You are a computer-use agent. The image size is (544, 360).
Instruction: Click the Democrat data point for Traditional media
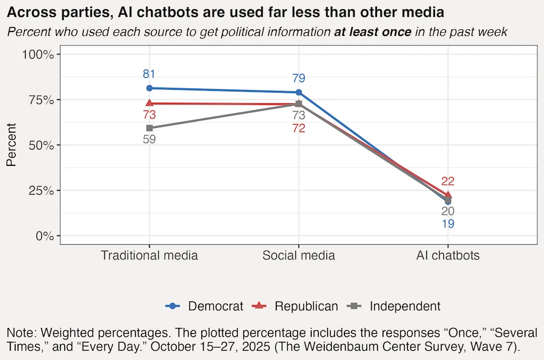150,88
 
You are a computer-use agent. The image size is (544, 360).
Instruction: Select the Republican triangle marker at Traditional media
150,103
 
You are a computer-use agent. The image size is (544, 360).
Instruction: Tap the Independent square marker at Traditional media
150,128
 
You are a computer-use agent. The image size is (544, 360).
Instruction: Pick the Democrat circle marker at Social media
299,92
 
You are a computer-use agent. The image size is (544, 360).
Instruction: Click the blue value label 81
150,75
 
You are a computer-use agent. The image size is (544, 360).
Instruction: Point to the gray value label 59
150,139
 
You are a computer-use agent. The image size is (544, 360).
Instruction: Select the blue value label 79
299,78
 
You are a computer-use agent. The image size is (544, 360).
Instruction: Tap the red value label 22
448,182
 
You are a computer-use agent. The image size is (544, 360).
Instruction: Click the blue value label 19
448,224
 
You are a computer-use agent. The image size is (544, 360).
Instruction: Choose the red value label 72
299,129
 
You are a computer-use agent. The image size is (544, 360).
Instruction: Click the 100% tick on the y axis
37,54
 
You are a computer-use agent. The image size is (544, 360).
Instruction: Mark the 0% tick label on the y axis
42,236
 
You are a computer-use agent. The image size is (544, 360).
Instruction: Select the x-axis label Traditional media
150,256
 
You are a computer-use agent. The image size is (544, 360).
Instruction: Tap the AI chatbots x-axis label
448,256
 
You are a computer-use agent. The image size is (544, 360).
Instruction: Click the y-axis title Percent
11,145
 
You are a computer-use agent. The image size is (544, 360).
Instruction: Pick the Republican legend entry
296,306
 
